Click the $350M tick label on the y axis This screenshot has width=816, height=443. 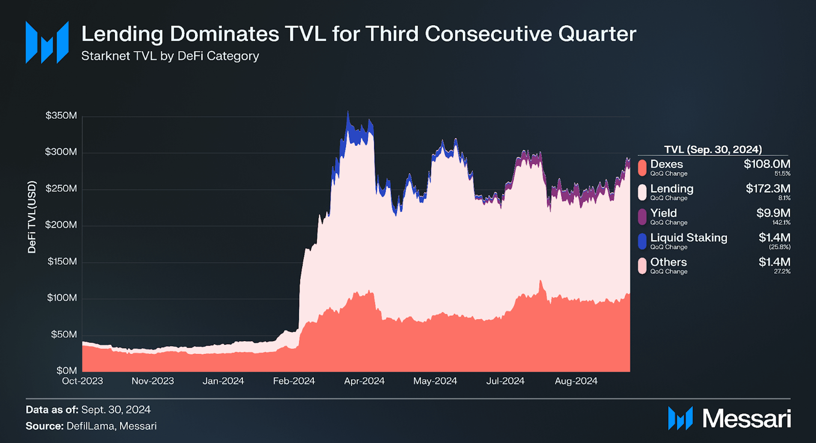61,116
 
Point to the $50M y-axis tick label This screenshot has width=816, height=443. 64,334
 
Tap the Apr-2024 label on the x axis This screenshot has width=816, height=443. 364,381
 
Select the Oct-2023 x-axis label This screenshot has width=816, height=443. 82,381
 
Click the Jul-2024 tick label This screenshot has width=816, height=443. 505,381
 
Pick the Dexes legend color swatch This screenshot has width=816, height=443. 642,168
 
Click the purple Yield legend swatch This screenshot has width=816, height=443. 642,217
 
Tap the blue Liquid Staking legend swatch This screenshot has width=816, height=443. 642,241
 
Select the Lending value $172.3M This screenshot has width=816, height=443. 768,188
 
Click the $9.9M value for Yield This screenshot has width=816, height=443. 773,213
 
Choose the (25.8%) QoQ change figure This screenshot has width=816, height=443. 779,247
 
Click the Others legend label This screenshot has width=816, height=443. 668,262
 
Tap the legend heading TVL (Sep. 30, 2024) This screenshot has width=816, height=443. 713,149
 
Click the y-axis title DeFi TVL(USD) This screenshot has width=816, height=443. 32,217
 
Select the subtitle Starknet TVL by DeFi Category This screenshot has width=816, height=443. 170,56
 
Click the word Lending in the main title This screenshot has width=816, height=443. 122,34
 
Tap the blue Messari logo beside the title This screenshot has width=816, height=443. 47,42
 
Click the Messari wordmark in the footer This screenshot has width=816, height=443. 746,419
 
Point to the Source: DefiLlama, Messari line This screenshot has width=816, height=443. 91,426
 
